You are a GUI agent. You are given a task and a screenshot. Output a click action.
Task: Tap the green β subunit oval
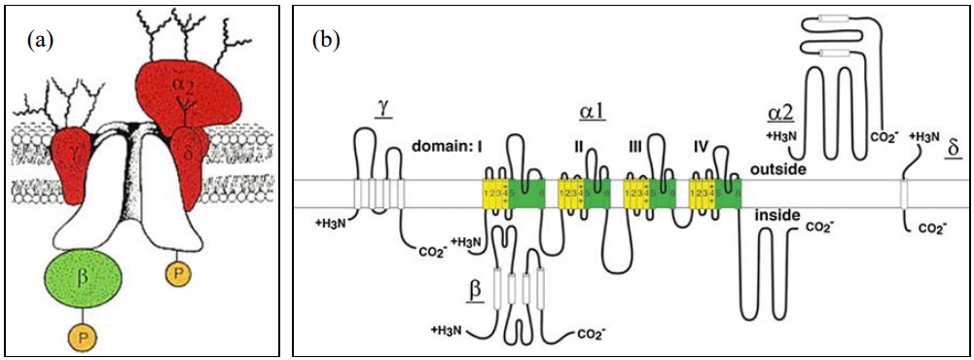coord(84,279)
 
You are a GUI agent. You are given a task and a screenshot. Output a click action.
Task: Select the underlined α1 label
coord(593,111)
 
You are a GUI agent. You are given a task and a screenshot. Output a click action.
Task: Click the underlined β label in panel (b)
coord(475,288)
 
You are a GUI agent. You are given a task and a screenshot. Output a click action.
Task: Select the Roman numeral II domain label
coord(578,148)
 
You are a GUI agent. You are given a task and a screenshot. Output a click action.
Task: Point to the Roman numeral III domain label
coord(636,148)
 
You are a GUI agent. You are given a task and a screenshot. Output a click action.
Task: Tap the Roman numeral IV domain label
coord(700,148)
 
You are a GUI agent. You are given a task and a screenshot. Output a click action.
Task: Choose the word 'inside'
coord(776,214)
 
